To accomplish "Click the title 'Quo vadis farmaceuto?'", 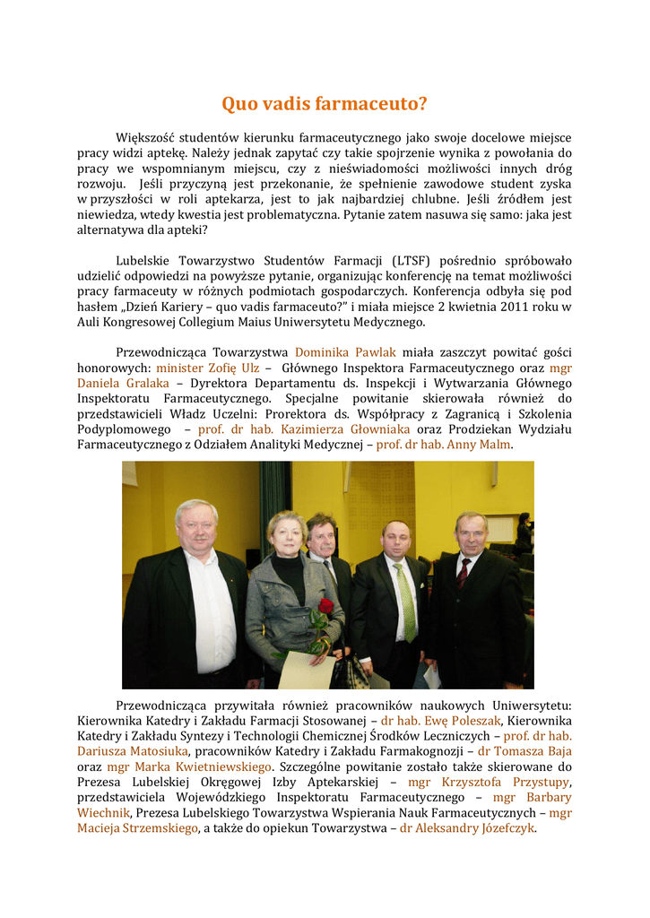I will pyautogui.click(x=325, y=105).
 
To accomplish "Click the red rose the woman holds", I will pyautogui.click(x=325, y=607).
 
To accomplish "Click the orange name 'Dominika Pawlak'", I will pyautogui.click(x=345, y=352).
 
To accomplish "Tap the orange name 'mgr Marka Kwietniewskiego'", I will pyautogui.click(x=189, y=766).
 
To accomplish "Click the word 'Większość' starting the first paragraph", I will pyautogui.click(x=144, y=138).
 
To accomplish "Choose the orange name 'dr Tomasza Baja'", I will pyautogui.click(x=524, y=751).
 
